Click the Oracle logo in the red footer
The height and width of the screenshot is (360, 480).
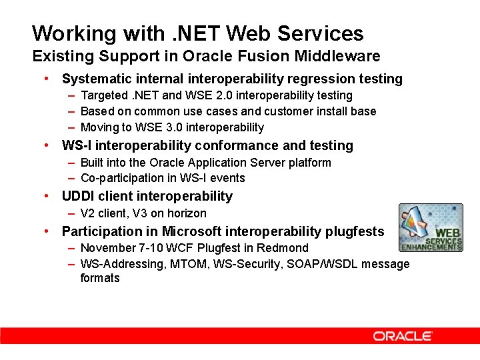click(x=403, y=336)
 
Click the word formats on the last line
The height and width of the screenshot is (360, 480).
click(x=100, y=278)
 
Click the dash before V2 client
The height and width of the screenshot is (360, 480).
click(x=71, y=213)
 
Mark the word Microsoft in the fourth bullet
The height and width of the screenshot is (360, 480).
click(x=190, y=231)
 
